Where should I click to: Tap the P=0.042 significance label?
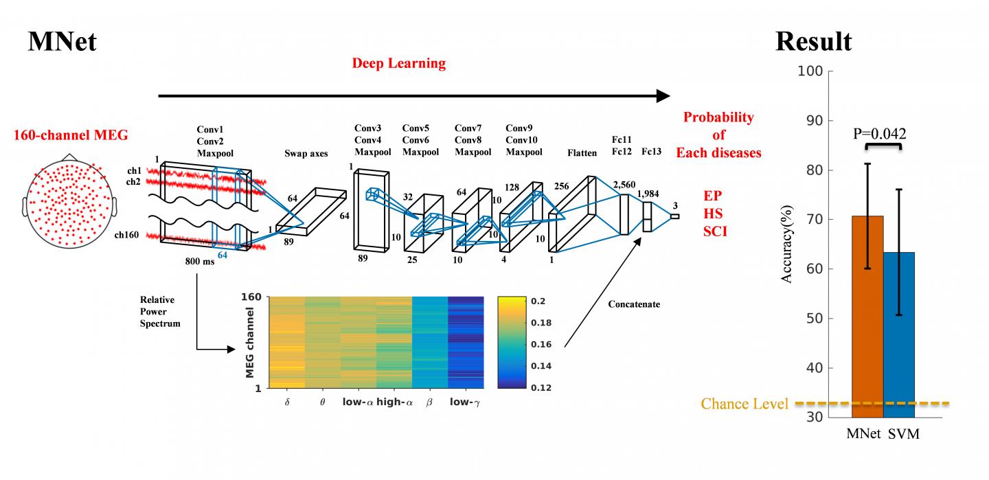(880, 133)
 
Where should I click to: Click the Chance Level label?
(744, 404)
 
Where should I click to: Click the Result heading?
(813, 42)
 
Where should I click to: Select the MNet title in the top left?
(62, 42)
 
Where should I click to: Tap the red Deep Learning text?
(398, 64)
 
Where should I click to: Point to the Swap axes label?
(306, 154)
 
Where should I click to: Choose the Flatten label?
(582, 153)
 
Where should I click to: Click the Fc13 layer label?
(652, 151)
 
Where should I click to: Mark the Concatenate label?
(633, 304)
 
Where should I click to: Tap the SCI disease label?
(715, 232)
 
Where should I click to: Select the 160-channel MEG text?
(71, 135)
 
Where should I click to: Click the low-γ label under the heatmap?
(465, 402)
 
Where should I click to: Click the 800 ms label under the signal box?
(198, 261)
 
